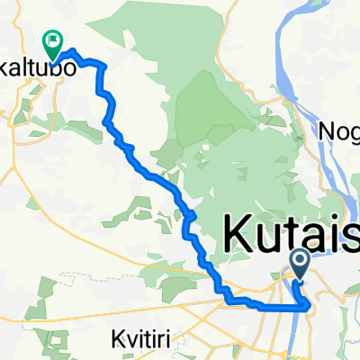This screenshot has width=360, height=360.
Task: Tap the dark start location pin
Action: (300, 264)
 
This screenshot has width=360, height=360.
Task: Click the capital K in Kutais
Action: (237, 236)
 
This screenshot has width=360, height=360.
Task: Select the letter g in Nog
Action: (353, 134)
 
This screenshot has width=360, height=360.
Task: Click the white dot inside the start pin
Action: (300, 261)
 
